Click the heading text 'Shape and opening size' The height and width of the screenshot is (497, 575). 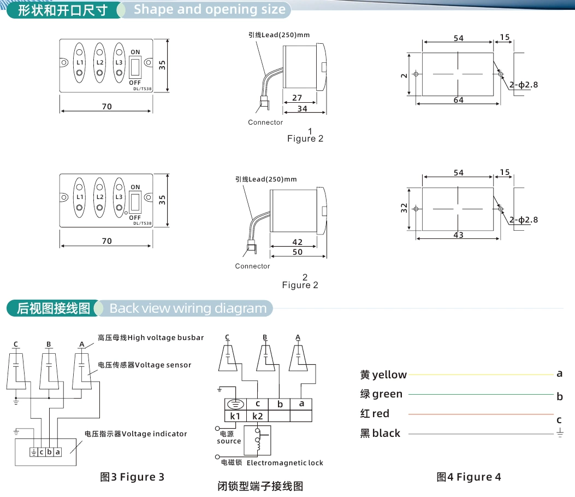pos(209,9)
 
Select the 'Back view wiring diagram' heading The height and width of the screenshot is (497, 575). pos(188,308)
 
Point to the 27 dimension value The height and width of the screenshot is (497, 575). pos(298,97)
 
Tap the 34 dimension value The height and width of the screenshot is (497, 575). pos(302,109)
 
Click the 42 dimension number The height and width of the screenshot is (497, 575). pos(297,242)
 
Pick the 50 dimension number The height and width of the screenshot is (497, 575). pos(297,252)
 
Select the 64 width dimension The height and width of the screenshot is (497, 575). pos(458,100)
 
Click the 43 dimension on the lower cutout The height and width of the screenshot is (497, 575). pos(458,235)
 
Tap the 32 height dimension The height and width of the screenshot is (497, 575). pos(405,208)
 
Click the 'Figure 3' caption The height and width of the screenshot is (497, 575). pos(132,477)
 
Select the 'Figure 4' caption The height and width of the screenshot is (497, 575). pos(469,477)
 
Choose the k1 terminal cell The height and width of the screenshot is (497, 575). pos(235,416)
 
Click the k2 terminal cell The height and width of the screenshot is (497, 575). pos(257,416)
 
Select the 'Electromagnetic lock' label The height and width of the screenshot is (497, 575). pos(284,463)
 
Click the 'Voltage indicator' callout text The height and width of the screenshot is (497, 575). pos(154,434)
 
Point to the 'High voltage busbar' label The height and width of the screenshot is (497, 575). pos(165,338)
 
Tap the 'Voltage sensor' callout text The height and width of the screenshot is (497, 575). pos(163,365)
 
